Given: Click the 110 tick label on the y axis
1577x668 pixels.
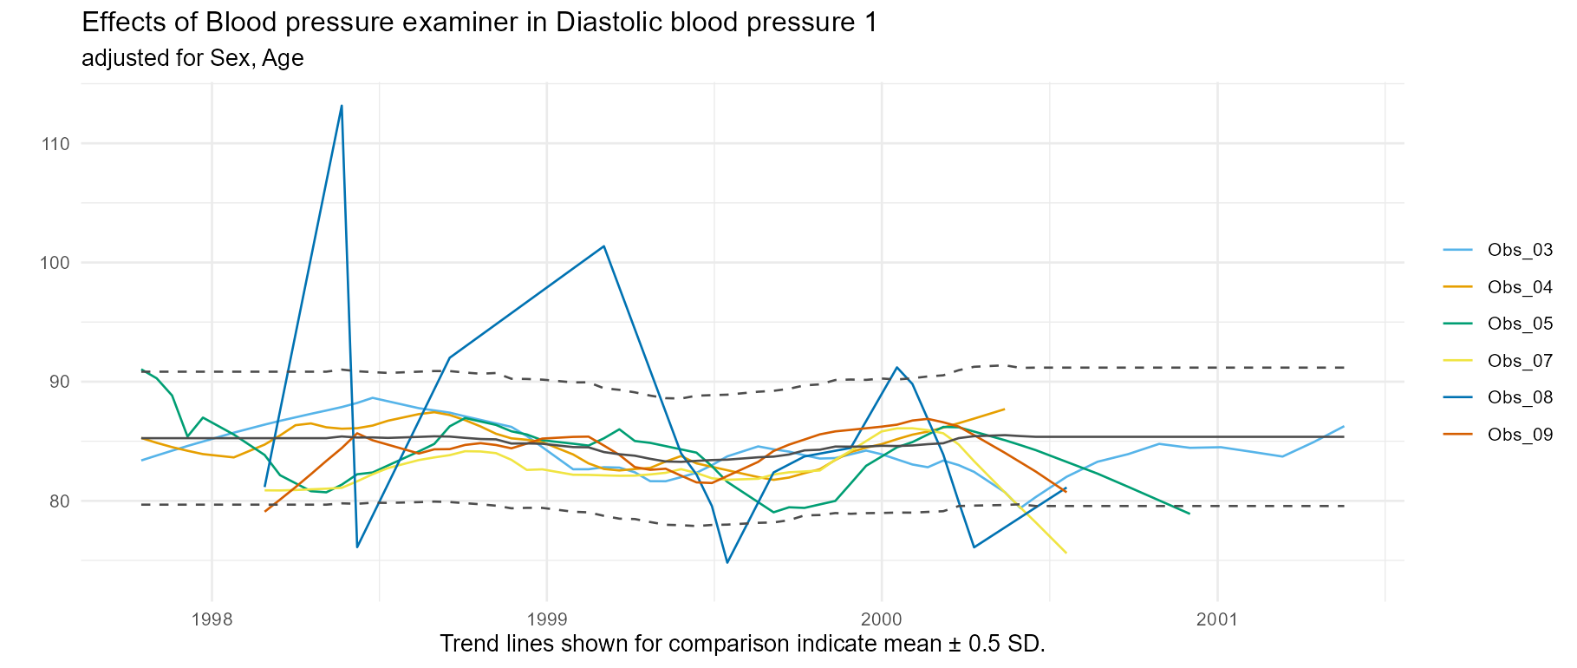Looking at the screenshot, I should point(55,143).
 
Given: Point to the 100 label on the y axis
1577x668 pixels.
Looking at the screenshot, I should point(55,262).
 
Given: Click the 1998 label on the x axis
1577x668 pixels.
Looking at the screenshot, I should point(212,619).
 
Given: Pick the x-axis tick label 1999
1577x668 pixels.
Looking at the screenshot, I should point(546,619).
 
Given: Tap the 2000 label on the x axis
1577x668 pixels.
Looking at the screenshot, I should point(882,619).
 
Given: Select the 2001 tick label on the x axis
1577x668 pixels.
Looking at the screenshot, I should point(1217,619).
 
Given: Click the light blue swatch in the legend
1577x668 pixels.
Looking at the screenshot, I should point(1457,251).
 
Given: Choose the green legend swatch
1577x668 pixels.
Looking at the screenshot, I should point(1457,324).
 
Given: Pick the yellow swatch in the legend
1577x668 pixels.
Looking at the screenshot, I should point(1457,360).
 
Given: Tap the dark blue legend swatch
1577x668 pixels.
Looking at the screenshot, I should point(1457,396).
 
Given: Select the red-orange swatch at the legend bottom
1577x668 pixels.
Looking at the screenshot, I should point(1457,433).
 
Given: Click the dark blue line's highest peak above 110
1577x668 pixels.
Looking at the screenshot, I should point(342,105).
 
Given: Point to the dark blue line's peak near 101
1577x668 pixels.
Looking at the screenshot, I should point(603,246).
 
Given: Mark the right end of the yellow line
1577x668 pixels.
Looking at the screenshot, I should point(1066,553).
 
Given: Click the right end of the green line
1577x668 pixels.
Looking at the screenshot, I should point(1189,514).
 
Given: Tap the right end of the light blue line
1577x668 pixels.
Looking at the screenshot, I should point(1344,426).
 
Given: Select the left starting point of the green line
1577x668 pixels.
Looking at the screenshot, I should point(141,369).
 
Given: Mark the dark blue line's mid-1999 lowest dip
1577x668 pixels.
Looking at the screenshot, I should point(727,562).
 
